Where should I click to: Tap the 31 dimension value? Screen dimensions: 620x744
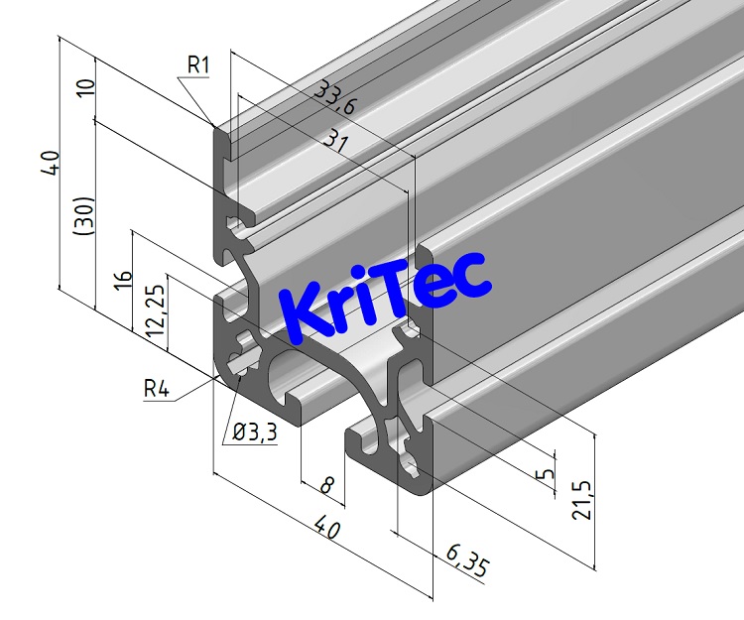(x=337, y=144)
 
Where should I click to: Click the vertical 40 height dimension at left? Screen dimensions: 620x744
(x=49, y=163)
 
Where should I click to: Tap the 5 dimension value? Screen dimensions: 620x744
(x=544, y=474)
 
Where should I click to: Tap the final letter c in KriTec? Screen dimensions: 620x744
(x=471, y=274)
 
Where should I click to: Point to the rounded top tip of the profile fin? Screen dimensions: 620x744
(x=220, y=127)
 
